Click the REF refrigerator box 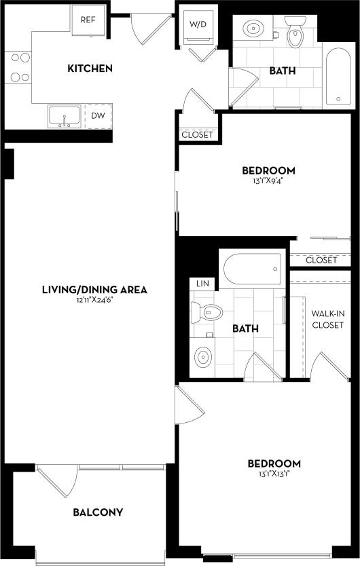point(88,20)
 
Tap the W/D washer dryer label point(197,25)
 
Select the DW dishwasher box point(98,116)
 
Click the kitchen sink point(65,116)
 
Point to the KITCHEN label point(90,69)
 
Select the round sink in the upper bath point(253,29)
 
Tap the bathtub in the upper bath point(338,76)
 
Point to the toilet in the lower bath point(207,313)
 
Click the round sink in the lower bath point(202,356)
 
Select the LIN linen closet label point(202,282)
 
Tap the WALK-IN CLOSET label point(327,319)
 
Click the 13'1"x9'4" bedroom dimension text point(268,181)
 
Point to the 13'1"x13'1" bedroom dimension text point(274,475)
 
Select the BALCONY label point(98,512)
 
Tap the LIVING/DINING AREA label point(94,290)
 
